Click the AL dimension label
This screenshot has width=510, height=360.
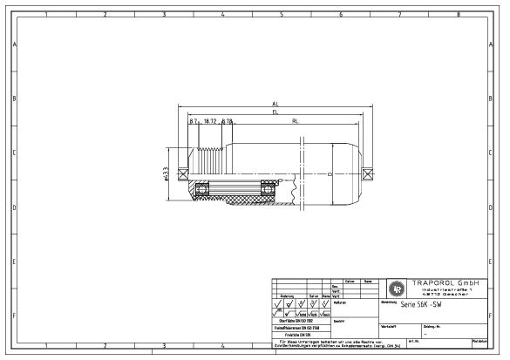275,105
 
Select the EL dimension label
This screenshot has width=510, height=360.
275,112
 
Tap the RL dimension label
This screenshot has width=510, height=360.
296,121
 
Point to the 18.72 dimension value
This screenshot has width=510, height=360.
209,121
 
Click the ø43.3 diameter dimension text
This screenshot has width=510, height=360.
166,176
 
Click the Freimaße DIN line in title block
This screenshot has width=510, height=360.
298,334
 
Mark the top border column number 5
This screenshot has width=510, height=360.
282,15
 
